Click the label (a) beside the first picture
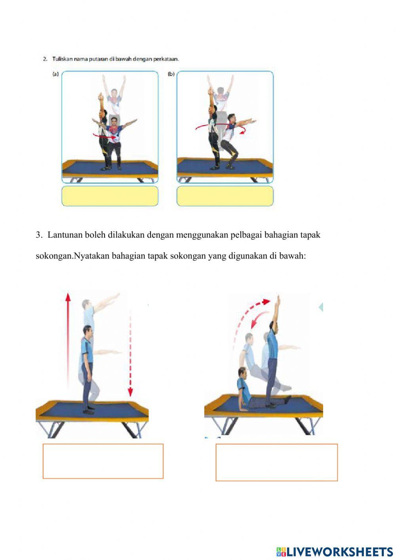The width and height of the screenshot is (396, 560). coord(55,74)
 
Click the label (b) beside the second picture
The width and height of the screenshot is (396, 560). coord(171,74)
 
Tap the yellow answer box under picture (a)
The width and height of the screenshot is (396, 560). coord(110,196)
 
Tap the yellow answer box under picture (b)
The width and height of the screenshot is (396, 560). coord(225,196)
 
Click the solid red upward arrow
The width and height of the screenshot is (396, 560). coord(68,337)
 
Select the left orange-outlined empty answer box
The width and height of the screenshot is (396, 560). coord(103,461)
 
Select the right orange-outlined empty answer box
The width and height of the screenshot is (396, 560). coord(276,462)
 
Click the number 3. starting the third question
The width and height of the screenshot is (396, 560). coord(39,235)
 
